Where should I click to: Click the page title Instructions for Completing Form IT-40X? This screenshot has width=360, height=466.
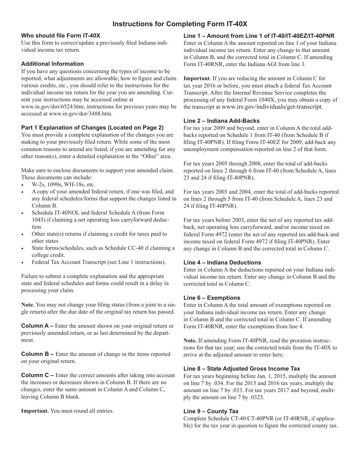[180, 24]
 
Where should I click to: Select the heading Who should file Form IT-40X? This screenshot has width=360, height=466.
[61, 36]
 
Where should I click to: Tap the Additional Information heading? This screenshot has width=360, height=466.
[52, 64]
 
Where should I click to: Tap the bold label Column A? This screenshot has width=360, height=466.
[37, 326]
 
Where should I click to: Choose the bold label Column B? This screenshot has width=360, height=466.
[37, 354]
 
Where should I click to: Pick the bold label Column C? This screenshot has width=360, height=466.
[37, 375]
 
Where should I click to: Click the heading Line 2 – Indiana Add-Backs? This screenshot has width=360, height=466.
[221, 120]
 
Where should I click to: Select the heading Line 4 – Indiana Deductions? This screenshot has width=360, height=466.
[222, 262]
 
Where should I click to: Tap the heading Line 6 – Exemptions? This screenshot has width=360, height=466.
[211, 297]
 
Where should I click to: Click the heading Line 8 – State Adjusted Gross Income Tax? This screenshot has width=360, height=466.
[242, 368]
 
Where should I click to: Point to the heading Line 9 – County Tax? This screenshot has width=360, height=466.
[211, 411]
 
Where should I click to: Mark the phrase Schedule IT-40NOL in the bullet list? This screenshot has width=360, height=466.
[56, 213]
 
